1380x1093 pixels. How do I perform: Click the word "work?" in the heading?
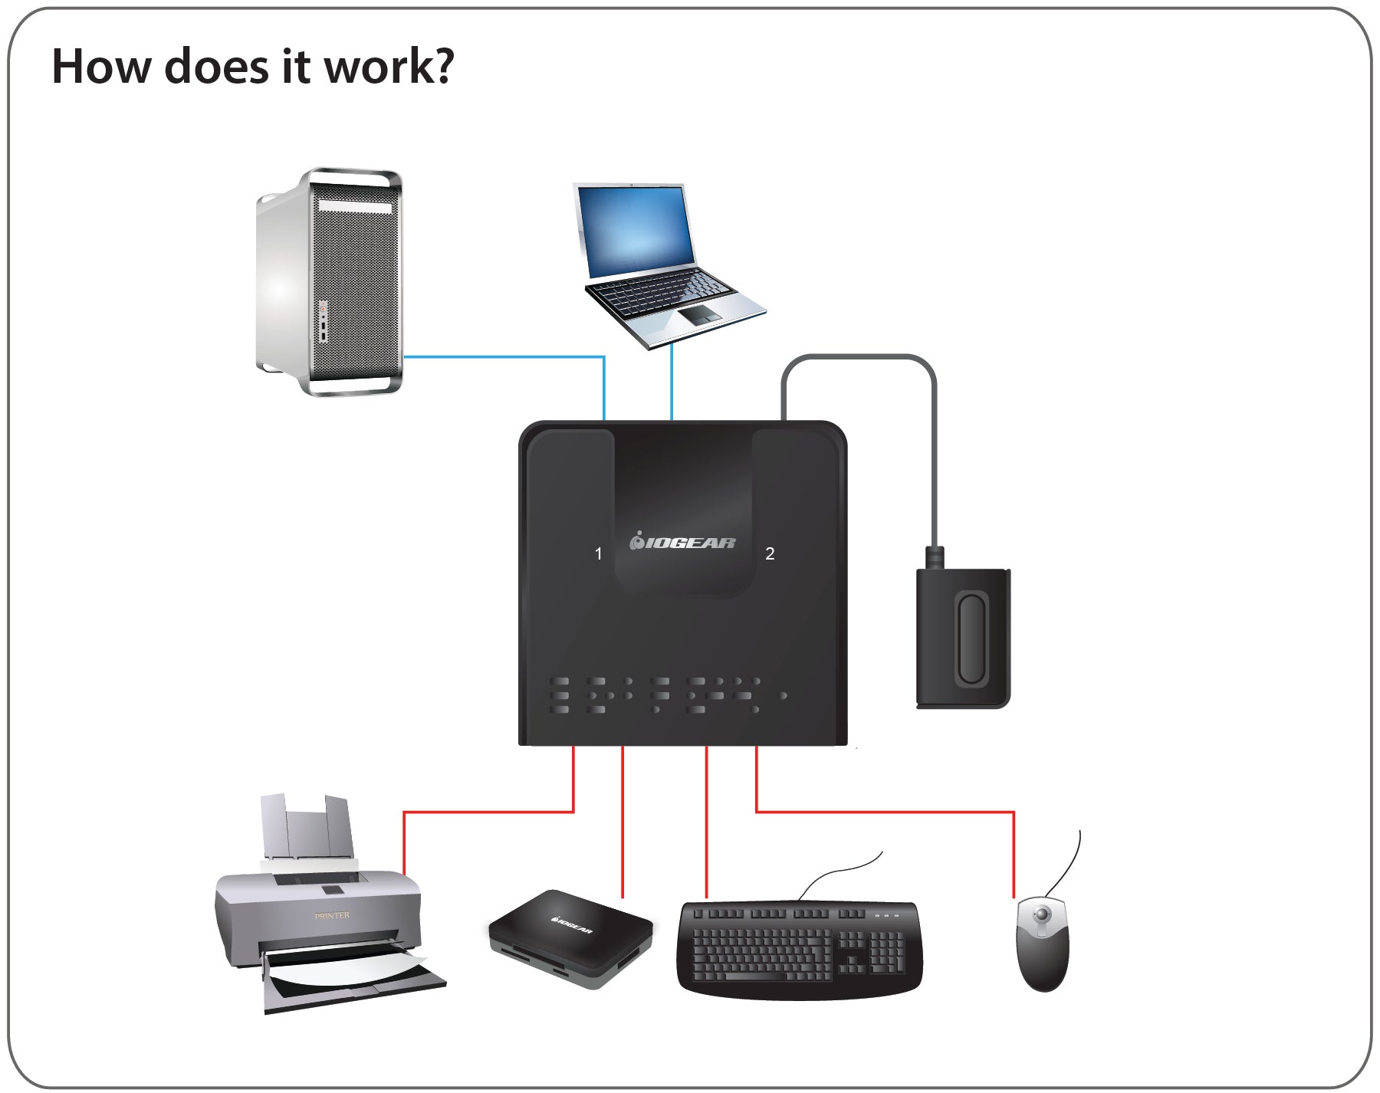[x=389, y=67]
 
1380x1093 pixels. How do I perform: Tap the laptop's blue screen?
[x=636, y=229]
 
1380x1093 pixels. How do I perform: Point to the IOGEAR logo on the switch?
[x=682, y=543]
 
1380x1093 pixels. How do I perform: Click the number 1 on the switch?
[x=599, y=553]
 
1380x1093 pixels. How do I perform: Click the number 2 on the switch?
[x=770, y=553]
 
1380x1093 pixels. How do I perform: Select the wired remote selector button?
[x=971, y=638]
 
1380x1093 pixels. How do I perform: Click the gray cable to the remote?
[x=934, y=460]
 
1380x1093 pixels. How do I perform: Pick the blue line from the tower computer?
[x=506, y=356]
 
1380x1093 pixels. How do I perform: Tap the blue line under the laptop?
[x=672, y=383]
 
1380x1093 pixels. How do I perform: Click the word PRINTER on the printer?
[x=332, y=915]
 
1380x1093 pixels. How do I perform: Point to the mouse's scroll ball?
[x=1042, y=915]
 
